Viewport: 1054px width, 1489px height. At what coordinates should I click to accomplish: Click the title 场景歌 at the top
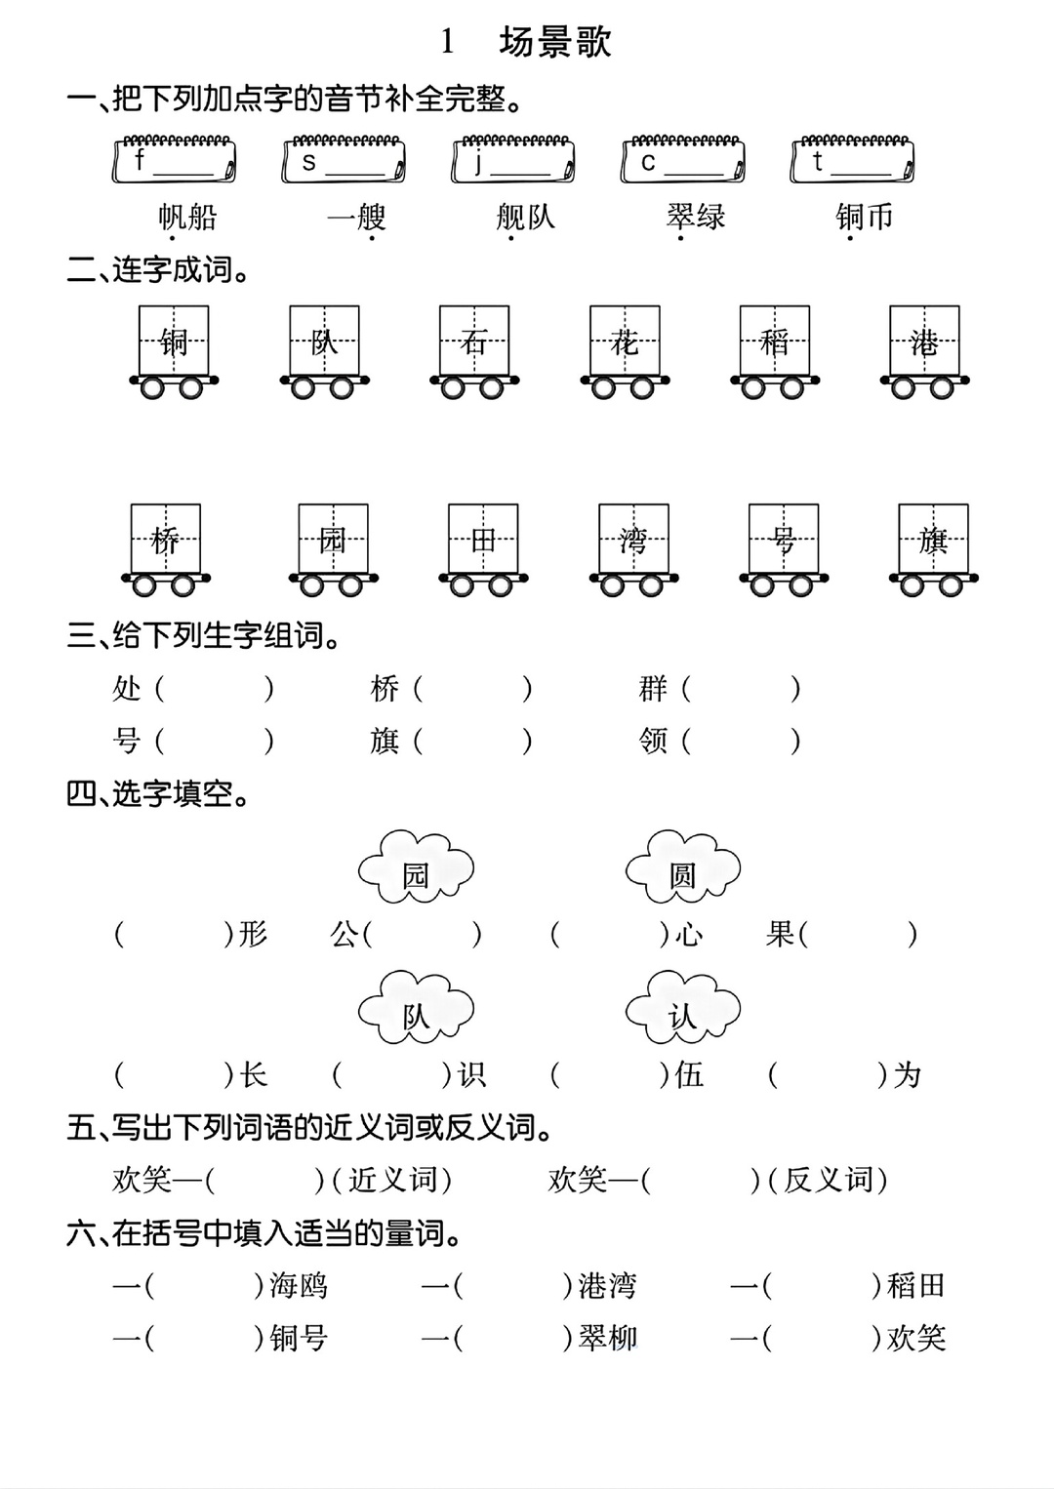pos(555,43)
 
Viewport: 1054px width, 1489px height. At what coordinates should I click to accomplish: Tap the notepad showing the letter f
pos(175,159)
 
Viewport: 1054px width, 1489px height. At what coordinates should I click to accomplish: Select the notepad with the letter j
pos(512,159)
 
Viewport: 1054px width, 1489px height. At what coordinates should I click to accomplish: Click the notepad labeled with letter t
pos(852,159)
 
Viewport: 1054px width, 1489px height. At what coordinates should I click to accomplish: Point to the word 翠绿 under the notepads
pos(696,217)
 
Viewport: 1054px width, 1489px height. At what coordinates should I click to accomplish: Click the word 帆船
pos(187,217)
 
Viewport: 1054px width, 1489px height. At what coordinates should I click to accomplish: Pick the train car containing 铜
pos(174,351)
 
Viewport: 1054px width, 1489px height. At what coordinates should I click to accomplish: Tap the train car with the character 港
pos(925,351)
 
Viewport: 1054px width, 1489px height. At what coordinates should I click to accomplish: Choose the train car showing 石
pos(474,351)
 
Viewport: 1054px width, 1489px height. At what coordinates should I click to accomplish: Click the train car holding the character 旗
pos(934,549)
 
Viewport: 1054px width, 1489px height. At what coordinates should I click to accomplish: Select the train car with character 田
pos(483,549)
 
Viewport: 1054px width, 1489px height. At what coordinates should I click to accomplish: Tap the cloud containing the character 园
pos(417,866)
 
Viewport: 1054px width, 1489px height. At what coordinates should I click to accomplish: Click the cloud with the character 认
pos(683,1008)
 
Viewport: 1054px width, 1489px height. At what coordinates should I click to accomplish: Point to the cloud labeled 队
pos(417,1008)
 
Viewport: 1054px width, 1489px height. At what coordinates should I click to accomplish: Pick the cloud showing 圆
pos(683,866)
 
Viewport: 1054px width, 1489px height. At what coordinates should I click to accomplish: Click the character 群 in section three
pos(653,689)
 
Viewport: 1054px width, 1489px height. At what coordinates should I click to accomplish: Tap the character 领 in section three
pos(653,741)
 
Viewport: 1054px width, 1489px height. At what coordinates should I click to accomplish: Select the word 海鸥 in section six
pos(299,1285)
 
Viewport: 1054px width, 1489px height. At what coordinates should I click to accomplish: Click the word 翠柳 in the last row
pos(608,1338)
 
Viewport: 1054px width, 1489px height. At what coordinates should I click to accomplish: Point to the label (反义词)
pos(828,1180)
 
